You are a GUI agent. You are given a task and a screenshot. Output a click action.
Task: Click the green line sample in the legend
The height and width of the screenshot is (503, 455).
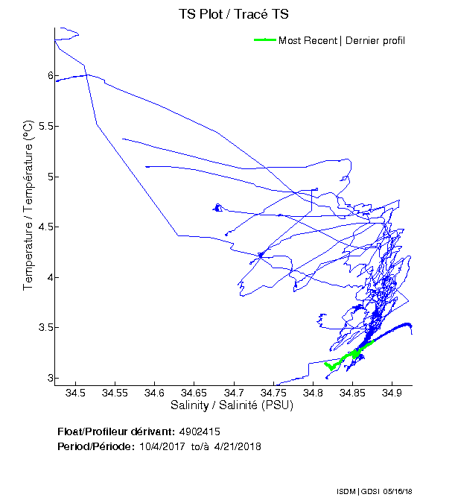pyautogui.click(x=265, y=40)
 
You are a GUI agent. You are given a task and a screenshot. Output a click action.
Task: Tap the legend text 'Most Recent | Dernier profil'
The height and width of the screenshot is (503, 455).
pyautogui.click(x=342, y=40)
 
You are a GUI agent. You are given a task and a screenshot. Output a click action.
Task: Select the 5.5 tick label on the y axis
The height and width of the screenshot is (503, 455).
pyautogui.click(x=41, y=126)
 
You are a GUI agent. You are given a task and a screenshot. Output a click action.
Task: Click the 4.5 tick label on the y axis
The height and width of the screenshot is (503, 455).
pyautogui.click(x=41, y=227)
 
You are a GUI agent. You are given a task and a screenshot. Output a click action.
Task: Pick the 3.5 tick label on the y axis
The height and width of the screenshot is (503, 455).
pyautogui.click(x=41, y=328)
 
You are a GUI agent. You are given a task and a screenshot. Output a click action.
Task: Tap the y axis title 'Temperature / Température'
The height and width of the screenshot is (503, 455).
pyautogui.click(x=28, y=205)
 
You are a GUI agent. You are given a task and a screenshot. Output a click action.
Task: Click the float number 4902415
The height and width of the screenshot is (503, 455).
pyautogui.click(x=199, y=431)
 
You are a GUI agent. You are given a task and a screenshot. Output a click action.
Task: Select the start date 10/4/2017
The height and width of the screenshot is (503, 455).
pyautogui.click(x=162, y=446)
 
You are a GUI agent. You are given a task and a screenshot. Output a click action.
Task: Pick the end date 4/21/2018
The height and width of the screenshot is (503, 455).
pyautogui.click(x=238, y=446)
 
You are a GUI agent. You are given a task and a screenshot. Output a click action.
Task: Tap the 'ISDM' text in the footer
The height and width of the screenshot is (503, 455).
pyautogui.click(x=346, y=491)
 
